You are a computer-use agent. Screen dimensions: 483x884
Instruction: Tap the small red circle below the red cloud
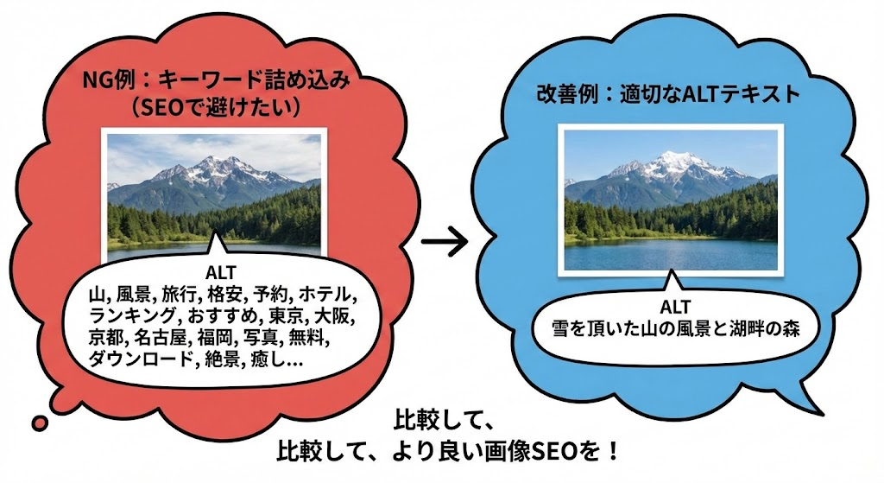(x=39, y=423)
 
